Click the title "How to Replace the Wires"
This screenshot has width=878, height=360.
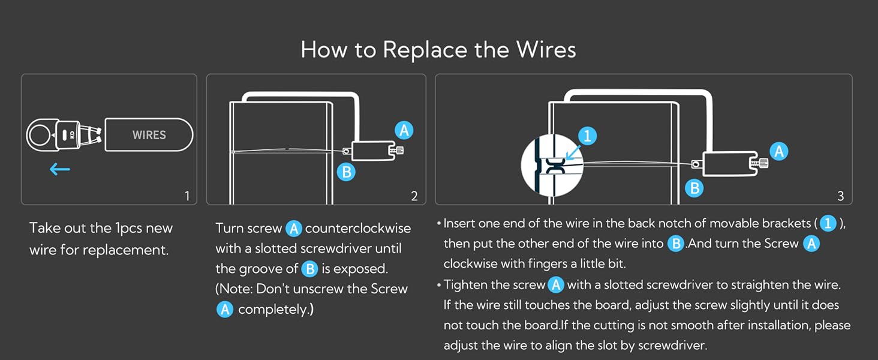point(438,49)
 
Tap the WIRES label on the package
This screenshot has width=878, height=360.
point(149,135)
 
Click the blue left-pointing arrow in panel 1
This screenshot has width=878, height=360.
point(60,169)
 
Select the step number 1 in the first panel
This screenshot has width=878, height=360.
point(187,196)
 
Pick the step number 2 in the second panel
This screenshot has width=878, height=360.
point(414,196)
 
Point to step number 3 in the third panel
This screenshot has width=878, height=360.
point(840,196)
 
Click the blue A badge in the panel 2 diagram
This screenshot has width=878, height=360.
point(404,130)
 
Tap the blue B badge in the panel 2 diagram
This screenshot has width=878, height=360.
point(346,172)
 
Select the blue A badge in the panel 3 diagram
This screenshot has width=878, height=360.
point(779,151)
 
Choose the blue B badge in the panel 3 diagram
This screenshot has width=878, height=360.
point(694,188)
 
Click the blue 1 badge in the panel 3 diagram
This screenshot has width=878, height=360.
point(587,136)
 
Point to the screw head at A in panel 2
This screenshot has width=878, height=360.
point(399,151)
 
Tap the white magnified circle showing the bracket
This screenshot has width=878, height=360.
point(552,165)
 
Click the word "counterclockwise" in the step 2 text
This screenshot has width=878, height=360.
point(358,229)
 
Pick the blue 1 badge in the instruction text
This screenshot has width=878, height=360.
point(828,224)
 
